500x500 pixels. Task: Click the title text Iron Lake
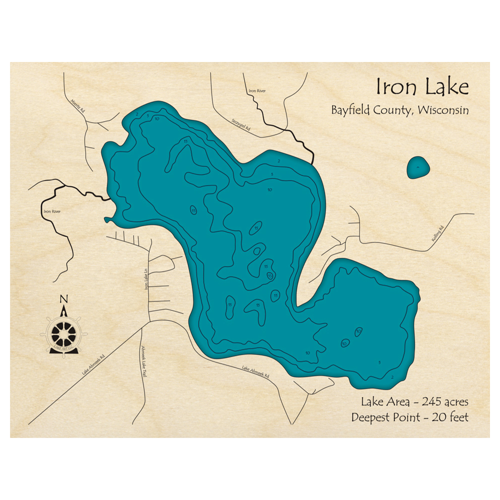[x=422, y=87]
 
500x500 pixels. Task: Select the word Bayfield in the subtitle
[x=349, y=110]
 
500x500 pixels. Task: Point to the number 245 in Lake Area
[x=434, y=401]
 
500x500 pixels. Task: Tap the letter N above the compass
[x=63, y=300]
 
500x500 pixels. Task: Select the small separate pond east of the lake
[x=418, y=167]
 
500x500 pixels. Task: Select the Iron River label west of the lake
[x=52, y=211]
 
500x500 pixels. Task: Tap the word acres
[x=455, y=401]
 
